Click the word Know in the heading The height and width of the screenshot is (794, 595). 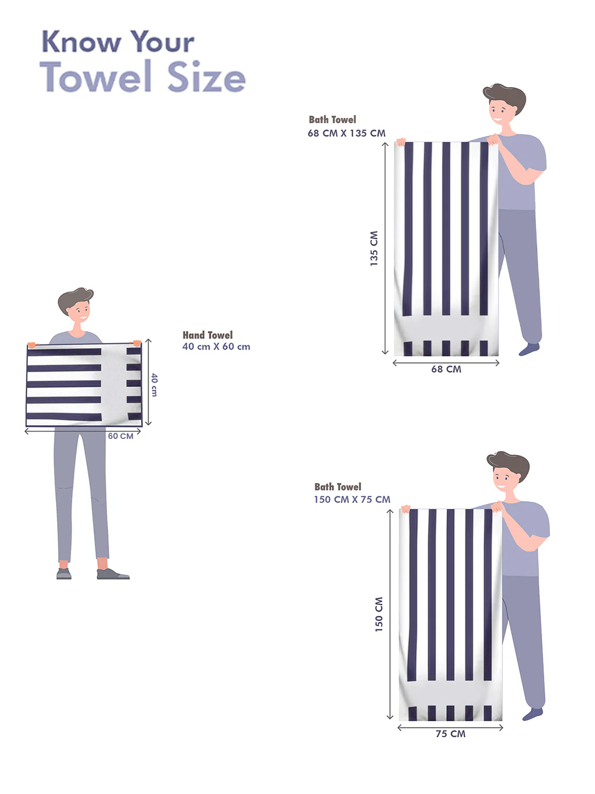[x=81, y=41]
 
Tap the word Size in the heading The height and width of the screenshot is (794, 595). [x=206, y=76]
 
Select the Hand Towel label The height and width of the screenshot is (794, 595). [x=207, y=335]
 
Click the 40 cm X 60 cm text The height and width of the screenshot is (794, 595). [x=216, y=346]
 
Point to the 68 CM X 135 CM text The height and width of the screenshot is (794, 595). [x=347, y=133]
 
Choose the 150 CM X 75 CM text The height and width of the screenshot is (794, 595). [x=352, y=500]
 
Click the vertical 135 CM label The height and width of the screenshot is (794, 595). [x=374, y=249]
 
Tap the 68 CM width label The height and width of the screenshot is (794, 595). [x=446, y=369]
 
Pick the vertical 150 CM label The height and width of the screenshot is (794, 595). [x=378, y=615]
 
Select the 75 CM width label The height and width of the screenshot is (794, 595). [x=451, y=734]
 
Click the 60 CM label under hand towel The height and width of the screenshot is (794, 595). [x=121, y=436]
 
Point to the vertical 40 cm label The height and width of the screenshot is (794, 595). [x=154, y=385]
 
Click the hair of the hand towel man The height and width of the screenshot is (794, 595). [x=75, y=299]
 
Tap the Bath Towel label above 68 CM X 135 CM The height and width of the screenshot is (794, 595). [x=332, y=119]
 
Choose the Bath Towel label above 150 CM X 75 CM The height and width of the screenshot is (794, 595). [x=338, y=487]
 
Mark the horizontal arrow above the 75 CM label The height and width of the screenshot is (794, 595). [x=450, y=728]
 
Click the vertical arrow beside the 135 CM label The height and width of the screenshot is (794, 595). [x=385, y=249]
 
